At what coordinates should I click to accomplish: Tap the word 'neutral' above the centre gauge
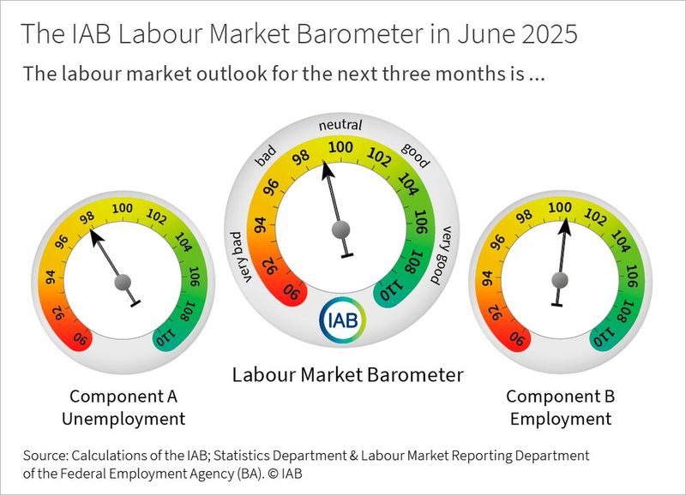340,125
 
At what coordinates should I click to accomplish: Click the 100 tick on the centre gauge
341,148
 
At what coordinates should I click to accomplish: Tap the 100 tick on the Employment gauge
560,207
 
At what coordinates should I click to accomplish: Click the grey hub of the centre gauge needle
342,229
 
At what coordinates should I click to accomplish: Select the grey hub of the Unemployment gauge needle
124,281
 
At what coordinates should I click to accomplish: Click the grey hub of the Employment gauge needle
560,278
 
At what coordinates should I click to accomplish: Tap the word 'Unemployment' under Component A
127,419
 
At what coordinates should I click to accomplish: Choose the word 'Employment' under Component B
560,419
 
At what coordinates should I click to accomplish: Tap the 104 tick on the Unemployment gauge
184,241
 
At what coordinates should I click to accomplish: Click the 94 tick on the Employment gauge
487,277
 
